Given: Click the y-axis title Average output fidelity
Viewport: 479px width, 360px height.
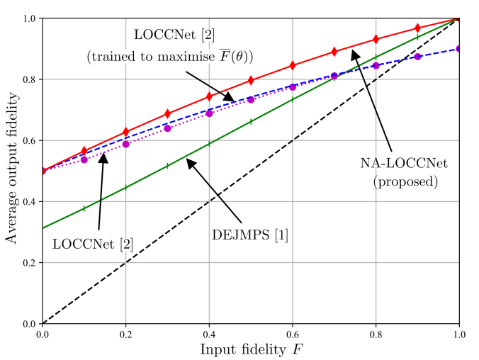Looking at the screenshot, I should click(x=12, y=171).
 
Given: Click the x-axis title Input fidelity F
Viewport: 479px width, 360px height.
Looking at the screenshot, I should click(x=251, y=349).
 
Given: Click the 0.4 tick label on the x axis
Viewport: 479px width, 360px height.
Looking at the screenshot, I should click(x=209, y=333).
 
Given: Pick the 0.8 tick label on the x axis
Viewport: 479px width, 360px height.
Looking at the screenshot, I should click(x=376, y=333).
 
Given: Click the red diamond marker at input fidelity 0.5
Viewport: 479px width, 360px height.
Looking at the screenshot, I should click(x=251, y=81).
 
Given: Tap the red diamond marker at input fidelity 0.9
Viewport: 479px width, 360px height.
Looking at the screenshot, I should click(x=418, y=28).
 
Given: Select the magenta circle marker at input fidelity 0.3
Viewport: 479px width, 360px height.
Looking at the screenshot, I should click(x=167, y=128).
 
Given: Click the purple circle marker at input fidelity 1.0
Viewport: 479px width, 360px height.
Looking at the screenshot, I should click(x=459, y=49).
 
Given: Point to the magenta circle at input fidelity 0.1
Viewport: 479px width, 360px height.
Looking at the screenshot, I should click(x=84, y=159).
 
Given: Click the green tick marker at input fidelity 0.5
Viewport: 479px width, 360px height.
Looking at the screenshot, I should click(x=251, y=122).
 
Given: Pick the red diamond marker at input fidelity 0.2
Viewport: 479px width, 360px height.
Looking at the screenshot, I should click(x=126, y=132).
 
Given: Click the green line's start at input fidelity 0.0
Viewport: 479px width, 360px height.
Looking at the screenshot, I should click(x=43, y=228).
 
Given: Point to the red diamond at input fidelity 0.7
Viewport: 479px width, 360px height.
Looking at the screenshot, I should click(x=334, y=52).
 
